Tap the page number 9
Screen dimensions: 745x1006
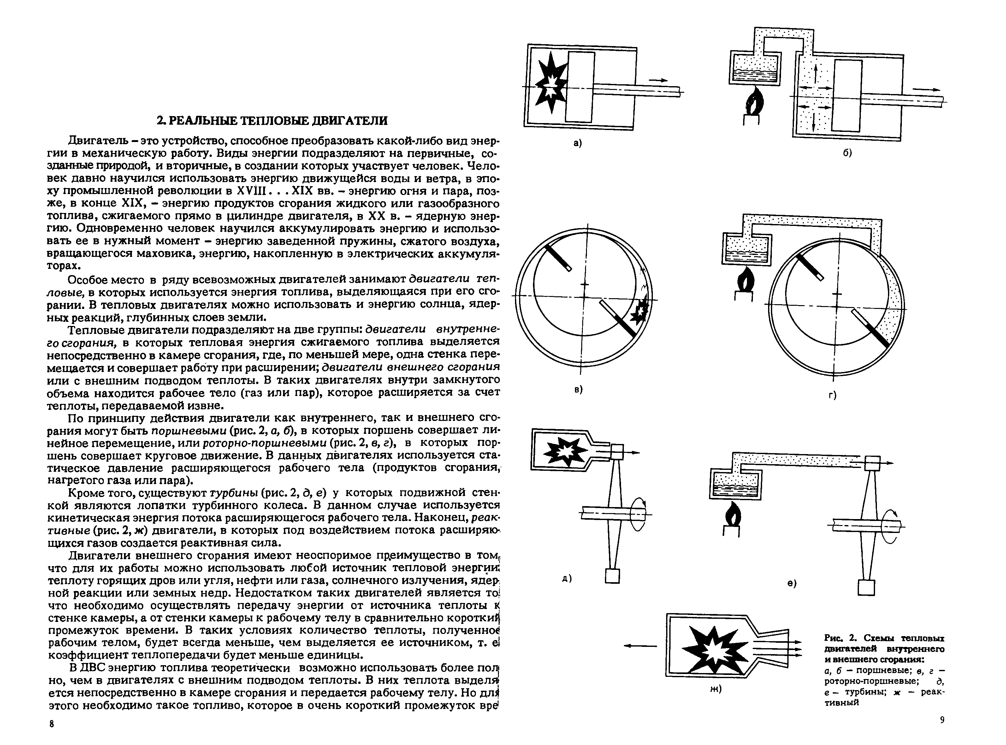(x=942, y=732)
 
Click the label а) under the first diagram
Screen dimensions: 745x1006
(x=577, y=143)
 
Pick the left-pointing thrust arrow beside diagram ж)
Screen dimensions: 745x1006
(x=640, y=646)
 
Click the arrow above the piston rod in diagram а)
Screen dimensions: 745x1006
(x=658, y=80)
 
